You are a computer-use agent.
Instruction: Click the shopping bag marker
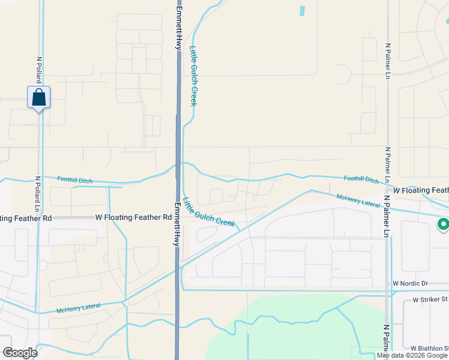[x=38, y=97]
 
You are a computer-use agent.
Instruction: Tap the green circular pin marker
[x=443, y=225]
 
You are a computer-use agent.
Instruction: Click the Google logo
[x=20, y=353]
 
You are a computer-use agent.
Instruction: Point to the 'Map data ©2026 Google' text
[x=412, y=355]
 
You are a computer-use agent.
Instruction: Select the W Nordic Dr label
[x=411, y=283]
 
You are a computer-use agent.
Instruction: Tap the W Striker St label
[x=430, y=299]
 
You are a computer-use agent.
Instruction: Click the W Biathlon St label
[x=429, y=348]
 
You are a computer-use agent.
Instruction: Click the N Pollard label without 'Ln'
[x=38, y=70]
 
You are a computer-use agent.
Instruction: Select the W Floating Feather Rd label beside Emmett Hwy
[x=133, y=217]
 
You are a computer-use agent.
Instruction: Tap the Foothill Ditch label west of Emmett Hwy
[x=77, y=179]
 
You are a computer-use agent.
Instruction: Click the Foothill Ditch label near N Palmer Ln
[x=361, y=179]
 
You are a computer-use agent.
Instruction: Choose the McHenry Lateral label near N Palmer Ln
[x=358, y=200]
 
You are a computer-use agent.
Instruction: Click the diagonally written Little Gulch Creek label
[x=208, y=212]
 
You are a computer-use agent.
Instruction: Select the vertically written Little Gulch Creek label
[x=193, y=76]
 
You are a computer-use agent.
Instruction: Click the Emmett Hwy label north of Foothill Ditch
[x=179, y=28]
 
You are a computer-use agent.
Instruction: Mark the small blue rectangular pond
[x=302, y=10]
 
